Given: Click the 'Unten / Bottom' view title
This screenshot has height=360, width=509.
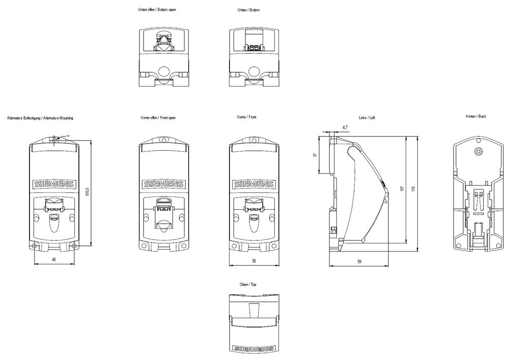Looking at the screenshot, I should (x=249, y=10).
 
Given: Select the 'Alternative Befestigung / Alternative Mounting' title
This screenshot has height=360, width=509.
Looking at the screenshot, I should (x=40, y=118).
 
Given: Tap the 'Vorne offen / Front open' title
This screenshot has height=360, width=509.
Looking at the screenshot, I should (x=158, y=118).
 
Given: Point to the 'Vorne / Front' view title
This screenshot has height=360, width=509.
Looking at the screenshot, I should (x=247, y=118).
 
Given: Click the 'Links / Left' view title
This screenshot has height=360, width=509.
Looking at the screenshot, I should (x=367, y=118).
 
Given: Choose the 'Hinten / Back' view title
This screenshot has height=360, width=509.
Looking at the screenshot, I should (x=476, y=117).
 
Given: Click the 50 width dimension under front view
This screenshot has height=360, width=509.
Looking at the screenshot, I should (x=254, y=261).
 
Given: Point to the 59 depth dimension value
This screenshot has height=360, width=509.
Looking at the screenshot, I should (x=359, y=262).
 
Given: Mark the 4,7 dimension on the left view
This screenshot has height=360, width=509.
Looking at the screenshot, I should (x=345, y=127).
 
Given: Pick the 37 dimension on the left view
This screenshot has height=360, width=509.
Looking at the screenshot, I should (x=316, y=155).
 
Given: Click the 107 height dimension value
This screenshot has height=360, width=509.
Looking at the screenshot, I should (x=402, y=189).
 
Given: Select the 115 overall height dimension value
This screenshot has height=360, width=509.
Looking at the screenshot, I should (x=413, y=189).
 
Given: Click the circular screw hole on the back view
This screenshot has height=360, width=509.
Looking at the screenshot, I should (x=477, y=152).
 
